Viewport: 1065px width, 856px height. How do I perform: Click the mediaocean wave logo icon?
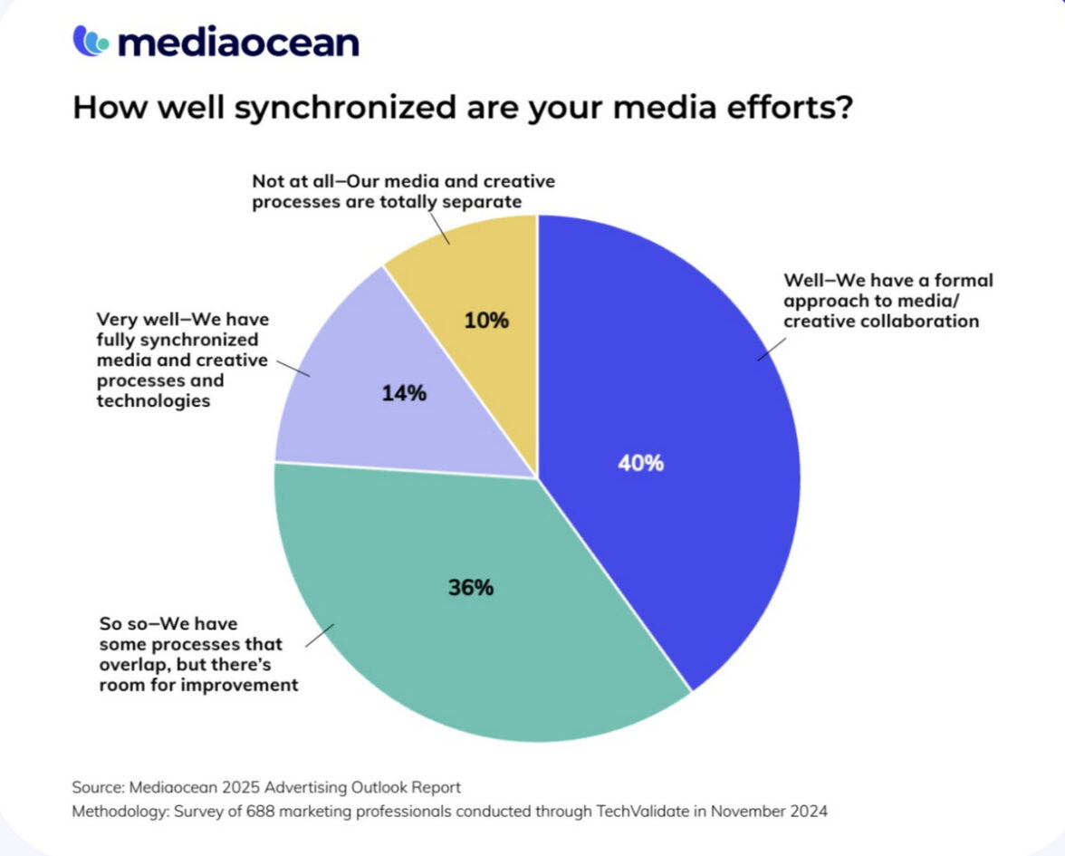91,41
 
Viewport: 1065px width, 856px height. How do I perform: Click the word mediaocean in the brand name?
238,42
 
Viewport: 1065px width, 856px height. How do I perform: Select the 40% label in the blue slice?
641,464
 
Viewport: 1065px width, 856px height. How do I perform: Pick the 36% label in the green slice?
471,588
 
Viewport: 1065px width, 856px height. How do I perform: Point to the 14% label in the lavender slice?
404,394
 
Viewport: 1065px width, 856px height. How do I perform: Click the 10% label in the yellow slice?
486,321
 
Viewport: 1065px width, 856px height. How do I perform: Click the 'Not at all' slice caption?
403,191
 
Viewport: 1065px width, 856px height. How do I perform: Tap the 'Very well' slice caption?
182,360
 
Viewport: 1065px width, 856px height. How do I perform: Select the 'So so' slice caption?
197,653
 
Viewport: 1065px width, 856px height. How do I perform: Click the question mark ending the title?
842,107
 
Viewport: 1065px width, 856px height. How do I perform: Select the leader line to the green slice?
320,635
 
